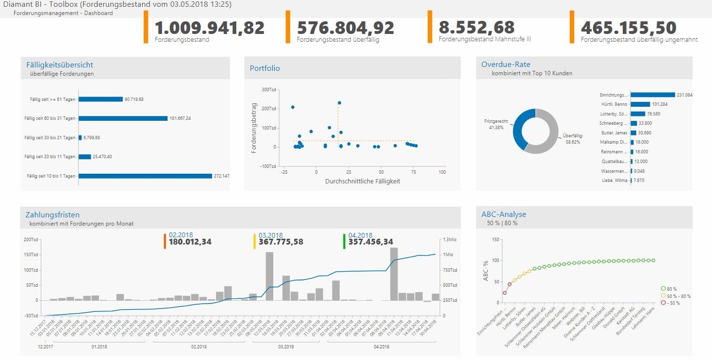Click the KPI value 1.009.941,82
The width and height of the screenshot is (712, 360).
[x=209, y=28]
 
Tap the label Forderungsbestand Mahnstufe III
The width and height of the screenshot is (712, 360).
[x=484, y=39]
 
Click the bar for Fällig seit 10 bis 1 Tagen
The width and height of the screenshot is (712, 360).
[x=145, y=176]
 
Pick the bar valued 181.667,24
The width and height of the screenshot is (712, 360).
[x=123, y=118]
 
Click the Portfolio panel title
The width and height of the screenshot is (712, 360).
[x=265, y=68]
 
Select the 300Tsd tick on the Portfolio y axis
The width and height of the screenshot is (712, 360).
[x=268, y=89]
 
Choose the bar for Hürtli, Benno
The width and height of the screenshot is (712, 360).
[x=640, y=104]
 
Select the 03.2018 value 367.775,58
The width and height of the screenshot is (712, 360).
[x=281, y=242]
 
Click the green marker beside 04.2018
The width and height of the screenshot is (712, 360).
[x=344, y=241]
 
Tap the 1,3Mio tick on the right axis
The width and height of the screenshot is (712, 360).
[x=449, y=240]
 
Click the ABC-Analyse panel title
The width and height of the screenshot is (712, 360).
[x=504, y=214]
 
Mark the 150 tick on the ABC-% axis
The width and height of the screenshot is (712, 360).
[x=496, y=240]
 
